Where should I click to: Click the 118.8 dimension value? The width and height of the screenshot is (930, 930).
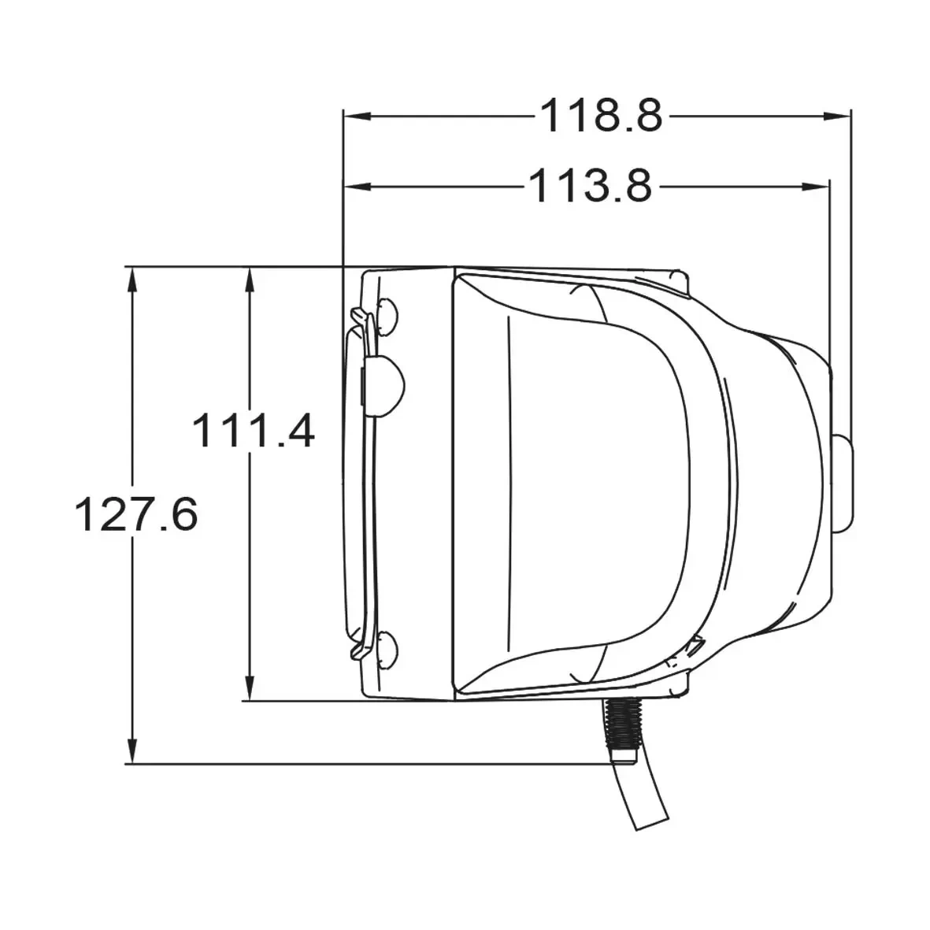pos(601,117)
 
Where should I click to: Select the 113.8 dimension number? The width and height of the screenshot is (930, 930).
pos(590,187)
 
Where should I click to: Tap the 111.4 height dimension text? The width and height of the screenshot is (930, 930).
pos(254,430)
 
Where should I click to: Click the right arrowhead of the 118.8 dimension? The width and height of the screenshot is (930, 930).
pos(837,117)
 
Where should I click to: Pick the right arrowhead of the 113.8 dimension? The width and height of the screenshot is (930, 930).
pos(816,187)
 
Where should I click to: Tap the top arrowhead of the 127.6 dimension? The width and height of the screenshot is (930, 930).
pos(132,281)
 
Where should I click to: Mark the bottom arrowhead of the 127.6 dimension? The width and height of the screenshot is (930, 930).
pos(132,750)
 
